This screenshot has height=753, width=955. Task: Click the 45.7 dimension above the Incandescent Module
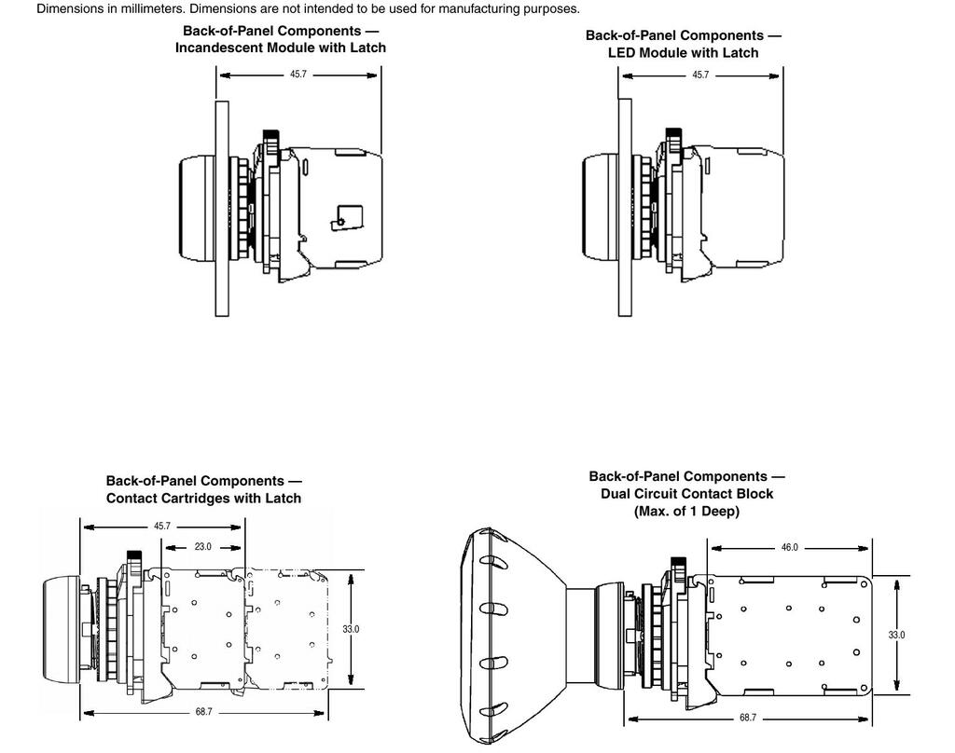[298, 74]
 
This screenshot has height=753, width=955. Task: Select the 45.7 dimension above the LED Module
[700, 75]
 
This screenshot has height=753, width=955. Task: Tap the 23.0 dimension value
[202, 547]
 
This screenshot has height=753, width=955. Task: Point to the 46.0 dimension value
[789, 548]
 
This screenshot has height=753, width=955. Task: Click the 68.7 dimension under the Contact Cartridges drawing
[203, 712]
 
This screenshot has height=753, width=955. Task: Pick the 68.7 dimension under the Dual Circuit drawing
[748, 718]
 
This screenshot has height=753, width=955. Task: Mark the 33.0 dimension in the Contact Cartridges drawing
[351, 629]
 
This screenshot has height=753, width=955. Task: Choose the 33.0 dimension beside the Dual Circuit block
[896, 635]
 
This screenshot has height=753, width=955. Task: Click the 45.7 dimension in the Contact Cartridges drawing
[162, 527]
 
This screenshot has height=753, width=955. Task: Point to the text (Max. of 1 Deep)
[686, 511]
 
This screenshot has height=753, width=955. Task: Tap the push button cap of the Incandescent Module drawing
[196, 207]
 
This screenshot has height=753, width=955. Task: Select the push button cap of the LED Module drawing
[600, 207]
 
